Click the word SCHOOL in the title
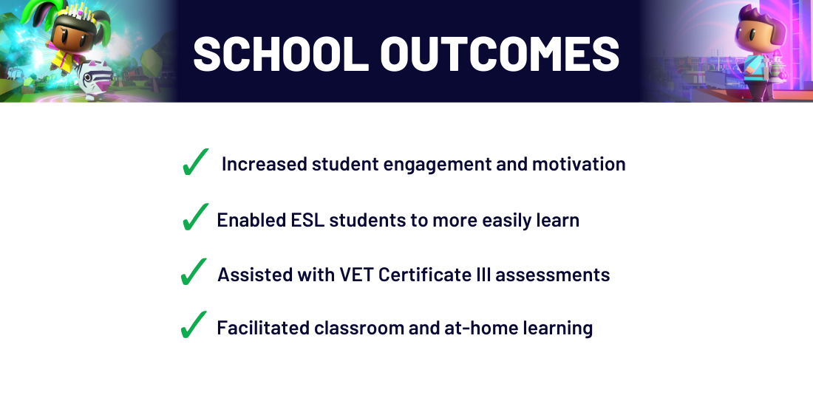(x=281, y=53)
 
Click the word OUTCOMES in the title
(x=500, y=53)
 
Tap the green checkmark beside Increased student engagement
(x=195, y=162)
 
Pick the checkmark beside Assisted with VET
(x=194, y=272)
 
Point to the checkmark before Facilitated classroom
(x=194, y=325)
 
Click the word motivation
(x=579, y=164)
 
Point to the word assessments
(x=553, y=275)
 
